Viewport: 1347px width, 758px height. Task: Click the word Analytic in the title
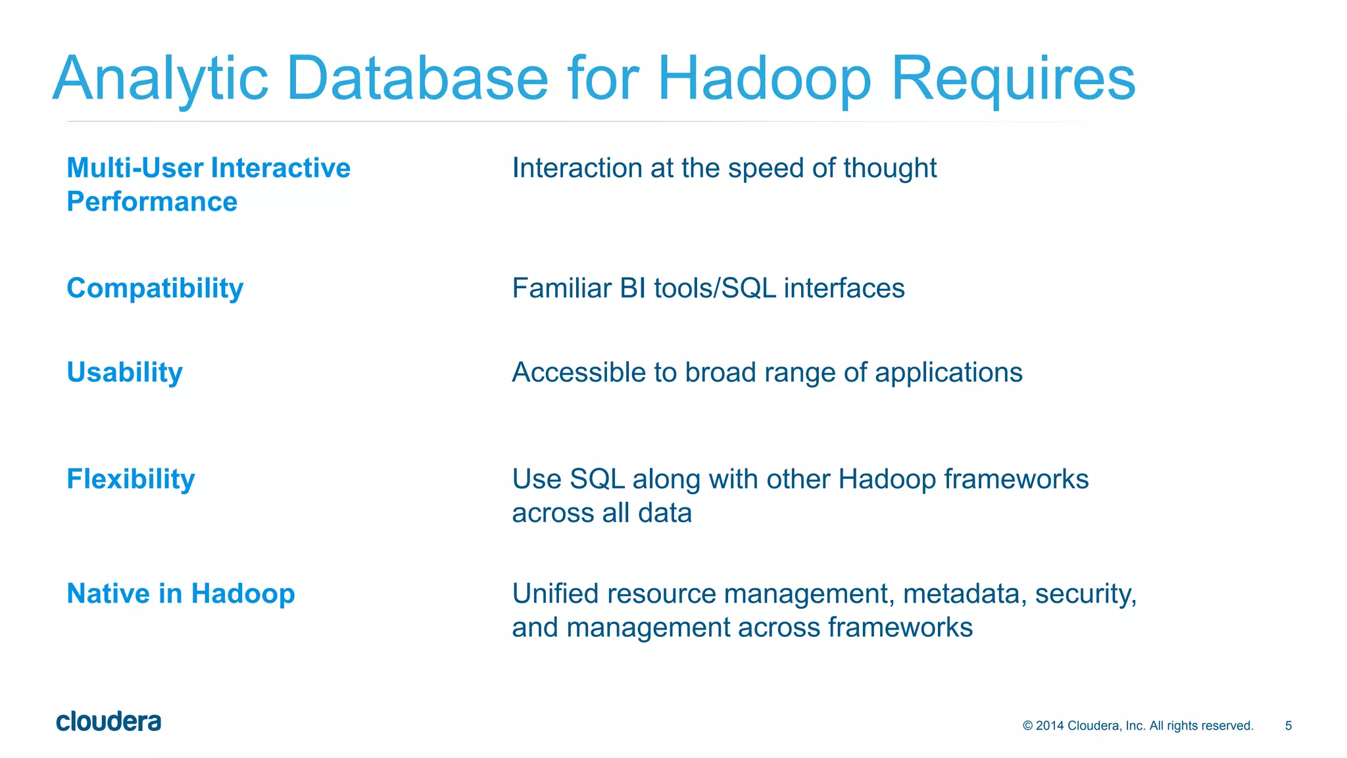[160, 79]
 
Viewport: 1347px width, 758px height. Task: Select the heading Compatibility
[155, 289]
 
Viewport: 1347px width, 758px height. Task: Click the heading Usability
[124, 372]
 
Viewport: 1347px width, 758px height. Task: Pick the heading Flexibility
[131, 479]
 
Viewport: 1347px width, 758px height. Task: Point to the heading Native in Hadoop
[181, 594]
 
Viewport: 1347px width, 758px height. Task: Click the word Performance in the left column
[152, 201]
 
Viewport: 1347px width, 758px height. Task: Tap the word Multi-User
[135, 168]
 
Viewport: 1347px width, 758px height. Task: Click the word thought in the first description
[890, 168]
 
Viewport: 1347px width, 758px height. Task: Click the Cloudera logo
[109, 722]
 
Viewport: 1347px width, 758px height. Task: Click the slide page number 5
[1288, 726]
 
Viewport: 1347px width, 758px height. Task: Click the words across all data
[602, 513]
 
